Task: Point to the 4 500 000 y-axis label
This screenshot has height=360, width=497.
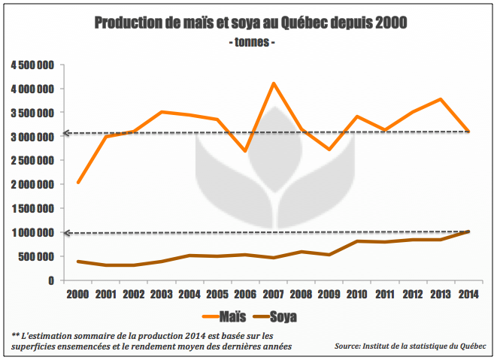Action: point(32,65)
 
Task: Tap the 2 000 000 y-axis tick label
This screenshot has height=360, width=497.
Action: point(32,184)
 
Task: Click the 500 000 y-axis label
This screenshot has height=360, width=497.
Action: point(37,256)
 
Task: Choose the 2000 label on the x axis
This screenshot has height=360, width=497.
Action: point(78,294)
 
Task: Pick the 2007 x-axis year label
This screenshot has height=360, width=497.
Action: point(273,294)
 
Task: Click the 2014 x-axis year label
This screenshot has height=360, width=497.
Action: point(468,294)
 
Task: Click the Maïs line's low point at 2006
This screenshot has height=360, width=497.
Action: point(245,151)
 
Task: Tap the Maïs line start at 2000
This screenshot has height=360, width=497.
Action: point(78,183)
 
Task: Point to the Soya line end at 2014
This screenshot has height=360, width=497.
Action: point(468,231)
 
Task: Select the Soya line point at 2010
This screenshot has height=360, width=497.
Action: point(356,241)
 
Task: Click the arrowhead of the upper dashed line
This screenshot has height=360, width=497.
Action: point(65,133)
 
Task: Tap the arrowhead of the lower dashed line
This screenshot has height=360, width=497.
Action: point(65,233)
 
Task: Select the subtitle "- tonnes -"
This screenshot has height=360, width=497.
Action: point(251,42)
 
